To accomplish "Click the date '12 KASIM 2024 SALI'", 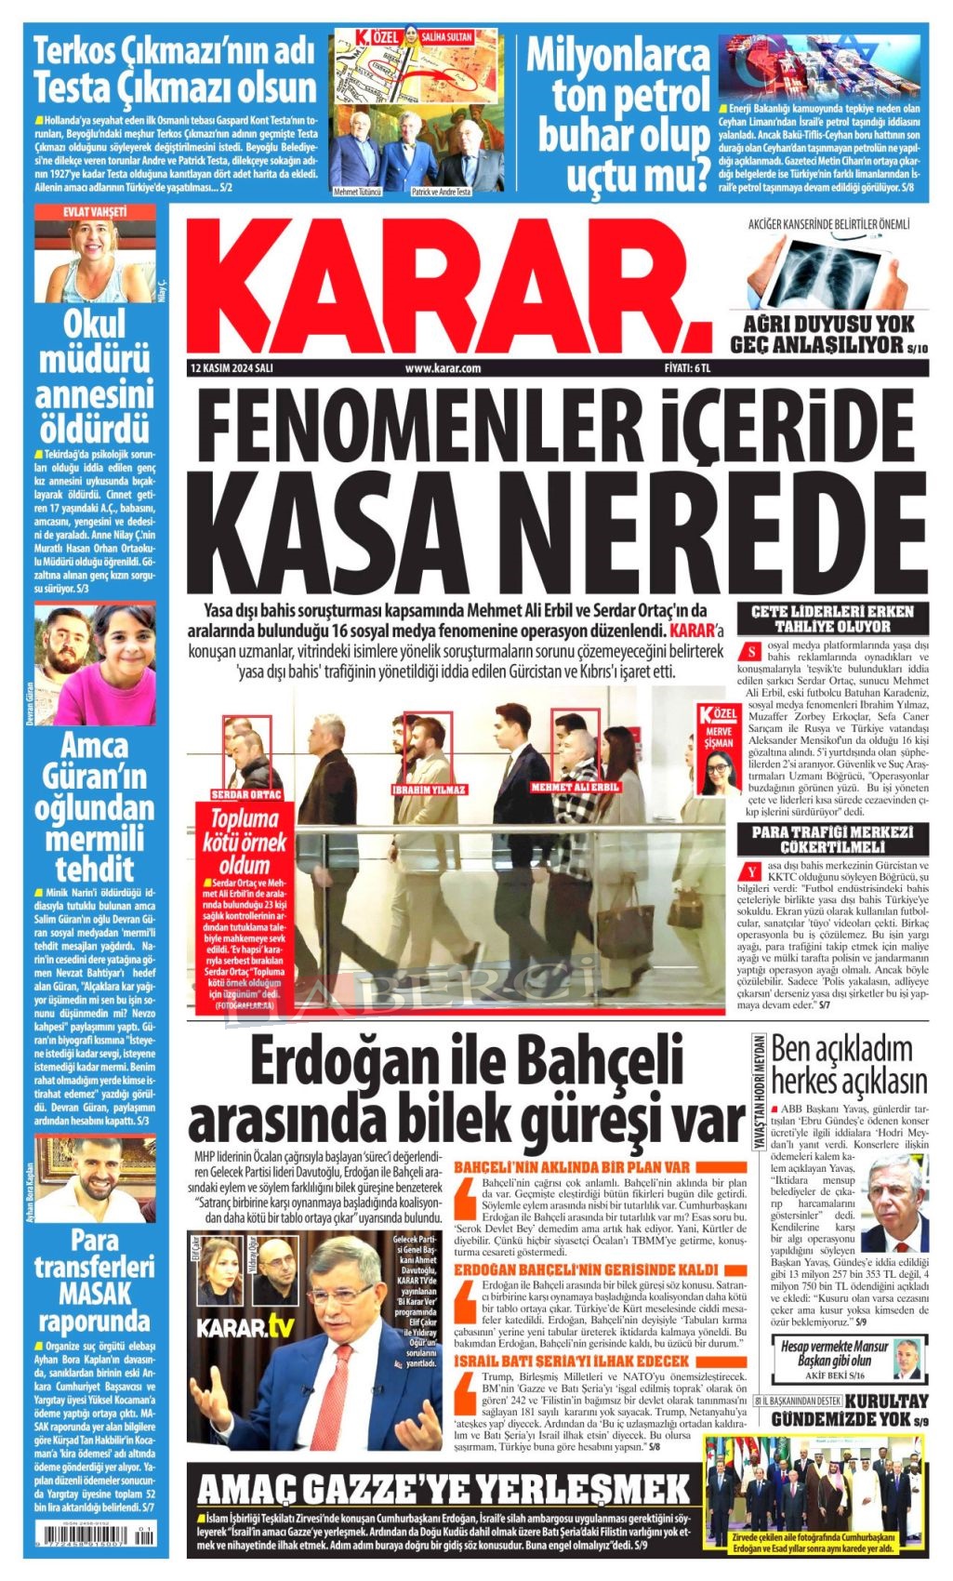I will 229,367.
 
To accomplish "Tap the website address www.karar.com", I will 443,367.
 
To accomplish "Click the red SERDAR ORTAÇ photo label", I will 245,795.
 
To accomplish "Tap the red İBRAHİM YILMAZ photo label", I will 430,790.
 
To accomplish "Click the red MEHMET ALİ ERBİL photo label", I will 575,788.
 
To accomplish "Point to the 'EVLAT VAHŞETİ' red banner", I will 95,212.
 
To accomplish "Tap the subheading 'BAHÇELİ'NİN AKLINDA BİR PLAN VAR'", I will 571,1166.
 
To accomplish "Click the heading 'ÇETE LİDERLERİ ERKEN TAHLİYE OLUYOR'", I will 832,618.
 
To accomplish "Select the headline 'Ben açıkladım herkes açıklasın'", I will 848,1064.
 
